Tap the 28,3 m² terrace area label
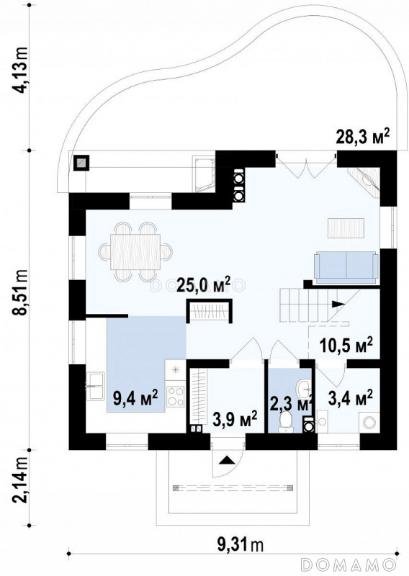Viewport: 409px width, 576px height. click(363, 138)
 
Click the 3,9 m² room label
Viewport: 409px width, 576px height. click(235, 418)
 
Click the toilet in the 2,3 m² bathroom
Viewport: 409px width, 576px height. click(286, 422)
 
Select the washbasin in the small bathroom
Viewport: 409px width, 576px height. click(304, 389)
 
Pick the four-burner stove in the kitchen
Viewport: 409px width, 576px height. click(176, 396)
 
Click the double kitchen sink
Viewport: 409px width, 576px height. click(96, 386)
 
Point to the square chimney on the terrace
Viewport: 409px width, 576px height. click(81, 162)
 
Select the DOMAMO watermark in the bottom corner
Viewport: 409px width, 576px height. click(348, 566)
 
